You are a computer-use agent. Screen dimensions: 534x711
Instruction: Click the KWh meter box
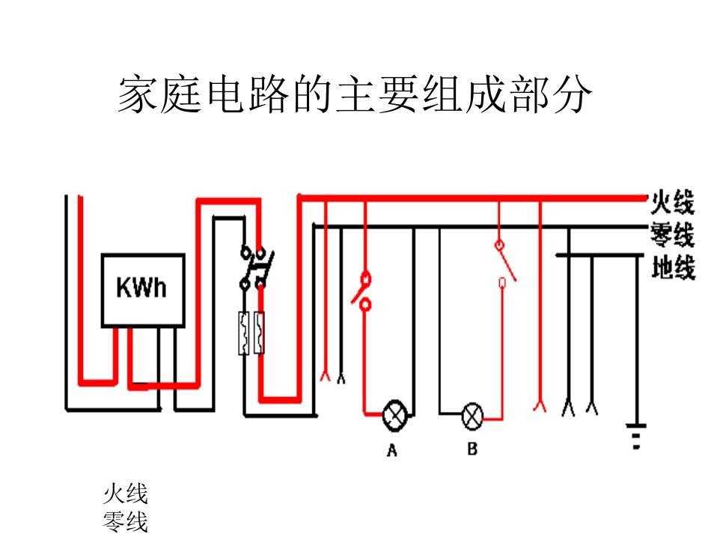(x=143, y=289)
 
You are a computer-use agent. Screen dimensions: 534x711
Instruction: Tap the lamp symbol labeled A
(x=394, y=414)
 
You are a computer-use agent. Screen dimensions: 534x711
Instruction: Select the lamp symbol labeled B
(x=472, y=416)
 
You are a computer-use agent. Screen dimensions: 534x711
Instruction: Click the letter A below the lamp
(x=391, y=450)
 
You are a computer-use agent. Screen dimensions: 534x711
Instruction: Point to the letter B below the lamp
(x=472, y=449)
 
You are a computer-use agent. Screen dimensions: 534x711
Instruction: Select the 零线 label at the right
(x=672, y=234)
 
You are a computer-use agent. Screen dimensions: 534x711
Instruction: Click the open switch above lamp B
(x=504, y=263)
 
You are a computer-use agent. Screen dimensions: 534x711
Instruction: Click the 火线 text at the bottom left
(x=125, y=494)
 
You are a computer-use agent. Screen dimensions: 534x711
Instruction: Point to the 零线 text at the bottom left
(x=125, y=521)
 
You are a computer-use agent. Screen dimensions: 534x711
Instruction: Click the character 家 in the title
(x=138, y=95)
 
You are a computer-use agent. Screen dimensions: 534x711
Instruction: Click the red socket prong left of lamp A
(x=325, y=375)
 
